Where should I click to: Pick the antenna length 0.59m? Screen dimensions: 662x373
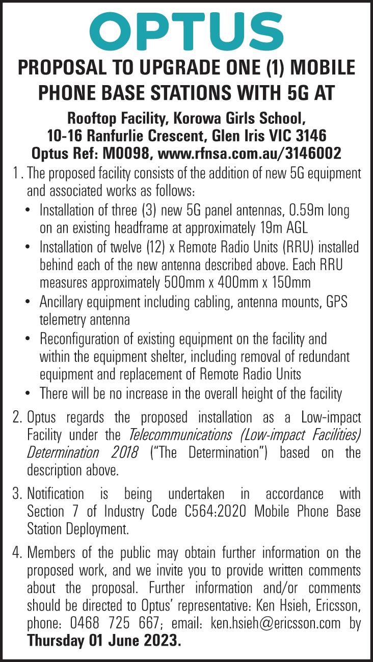(x=303, y=210)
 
